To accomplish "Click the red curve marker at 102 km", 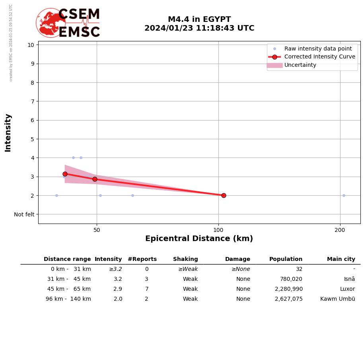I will coord(224,195).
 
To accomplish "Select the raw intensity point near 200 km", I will coord(344,195).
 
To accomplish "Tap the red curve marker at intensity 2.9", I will coord(95,179).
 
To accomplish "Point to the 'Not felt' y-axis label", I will coord(24,214).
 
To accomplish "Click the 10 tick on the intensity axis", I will coord(31,45).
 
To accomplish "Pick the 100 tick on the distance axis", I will coord(218,230).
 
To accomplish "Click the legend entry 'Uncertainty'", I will coord(300,65).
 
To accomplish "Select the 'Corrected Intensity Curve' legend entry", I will coord(319,57).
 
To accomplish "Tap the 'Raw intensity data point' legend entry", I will coord(318,49).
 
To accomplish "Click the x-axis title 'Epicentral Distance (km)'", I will coord(199,239).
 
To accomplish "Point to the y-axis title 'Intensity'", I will coord(8,132).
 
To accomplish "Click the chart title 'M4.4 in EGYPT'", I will coord(199,19).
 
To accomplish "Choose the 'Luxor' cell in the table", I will coord(347,289).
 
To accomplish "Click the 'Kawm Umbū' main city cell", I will coord(337,299).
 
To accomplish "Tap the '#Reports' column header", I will coord(142,259).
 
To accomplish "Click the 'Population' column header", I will coord(286,259).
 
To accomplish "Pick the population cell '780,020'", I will coord(291,279).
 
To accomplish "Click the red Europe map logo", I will coord(51,23).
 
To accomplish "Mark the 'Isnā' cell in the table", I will coord(349,279).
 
